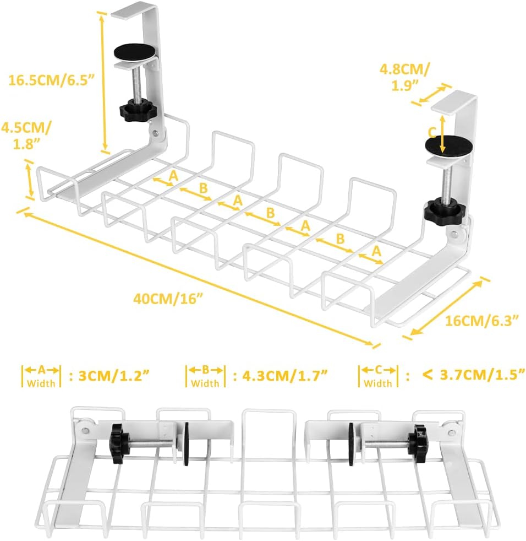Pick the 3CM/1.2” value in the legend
pos(114,376)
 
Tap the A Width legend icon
pos(42,376)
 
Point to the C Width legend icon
pos(379,376)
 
